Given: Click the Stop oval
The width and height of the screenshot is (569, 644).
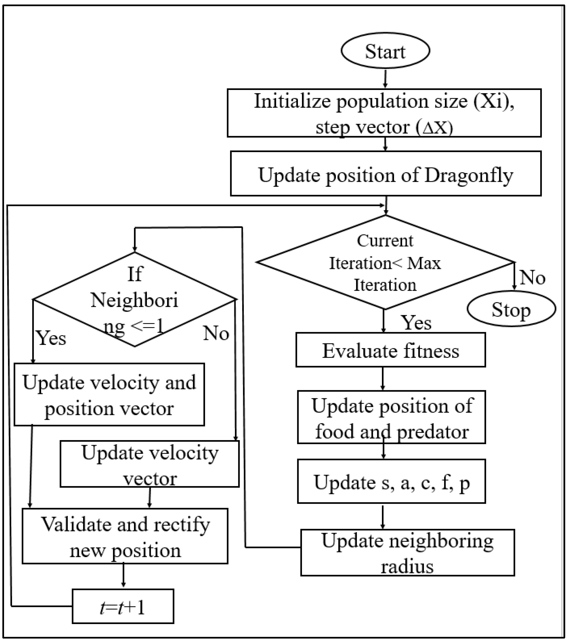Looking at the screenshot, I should click(511, 309).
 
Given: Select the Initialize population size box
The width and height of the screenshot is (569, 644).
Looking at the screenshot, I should click(384, 113).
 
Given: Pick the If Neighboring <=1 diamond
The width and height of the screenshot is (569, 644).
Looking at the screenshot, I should click(135, 299).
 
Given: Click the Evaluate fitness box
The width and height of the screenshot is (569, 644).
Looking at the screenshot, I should click(390, 350).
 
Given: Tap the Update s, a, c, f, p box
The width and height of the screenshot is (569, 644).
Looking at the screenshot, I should click(391, 481).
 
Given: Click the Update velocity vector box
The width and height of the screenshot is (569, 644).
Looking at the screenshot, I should click(149, 464).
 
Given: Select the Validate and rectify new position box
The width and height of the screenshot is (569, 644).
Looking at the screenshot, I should click(125, 536).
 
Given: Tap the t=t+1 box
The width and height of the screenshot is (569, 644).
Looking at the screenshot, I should click(123, 606).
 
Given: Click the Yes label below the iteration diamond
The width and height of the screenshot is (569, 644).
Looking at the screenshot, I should click(416, 323).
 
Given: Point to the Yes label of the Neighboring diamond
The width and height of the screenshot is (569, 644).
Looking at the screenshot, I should click(51, 338).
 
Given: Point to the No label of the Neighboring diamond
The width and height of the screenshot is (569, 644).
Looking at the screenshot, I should click(216, 333).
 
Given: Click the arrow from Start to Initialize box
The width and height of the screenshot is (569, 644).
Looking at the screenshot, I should click(385, 78).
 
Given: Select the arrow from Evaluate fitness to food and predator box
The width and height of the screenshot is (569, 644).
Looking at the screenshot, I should click(383, 378).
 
